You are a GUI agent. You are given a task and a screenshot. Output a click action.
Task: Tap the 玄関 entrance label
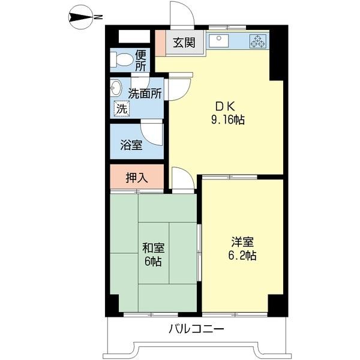coord(184,43)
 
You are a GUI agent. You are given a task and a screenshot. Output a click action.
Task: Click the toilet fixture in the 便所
coord(122,61)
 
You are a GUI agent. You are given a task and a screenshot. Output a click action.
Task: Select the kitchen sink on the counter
coord(220,41)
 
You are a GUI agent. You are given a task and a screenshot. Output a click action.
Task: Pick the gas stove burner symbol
coord(259,41)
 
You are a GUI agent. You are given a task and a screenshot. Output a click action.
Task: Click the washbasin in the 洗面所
coord(116,89)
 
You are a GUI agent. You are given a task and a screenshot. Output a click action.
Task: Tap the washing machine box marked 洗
coord(121,109)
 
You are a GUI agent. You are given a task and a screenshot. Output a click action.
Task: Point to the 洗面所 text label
coord(145,94)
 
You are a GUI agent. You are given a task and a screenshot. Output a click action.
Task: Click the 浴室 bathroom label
coord(131,145)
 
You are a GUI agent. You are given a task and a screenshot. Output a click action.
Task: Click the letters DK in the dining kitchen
coord(218,104)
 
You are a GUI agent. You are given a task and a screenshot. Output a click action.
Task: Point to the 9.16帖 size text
coord(227,119)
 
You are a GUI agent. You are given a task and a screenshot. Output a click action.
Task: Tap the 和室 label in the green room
coord(154,248)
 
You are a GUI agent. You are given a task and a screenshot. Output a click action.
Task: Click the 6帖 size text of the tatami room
coord(154,262)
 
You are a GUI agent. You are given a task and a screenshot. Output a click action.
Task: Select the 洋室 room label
coord(243,242)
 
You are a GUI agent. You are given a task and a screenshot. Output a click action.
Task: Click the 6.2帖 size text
coord(243,256)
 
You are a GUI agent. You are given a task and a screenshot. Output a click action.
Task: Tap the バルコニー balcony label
coord(196,329)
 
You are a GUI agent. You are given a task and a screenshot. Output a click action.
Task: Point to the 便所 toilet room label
coord(140,60)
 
